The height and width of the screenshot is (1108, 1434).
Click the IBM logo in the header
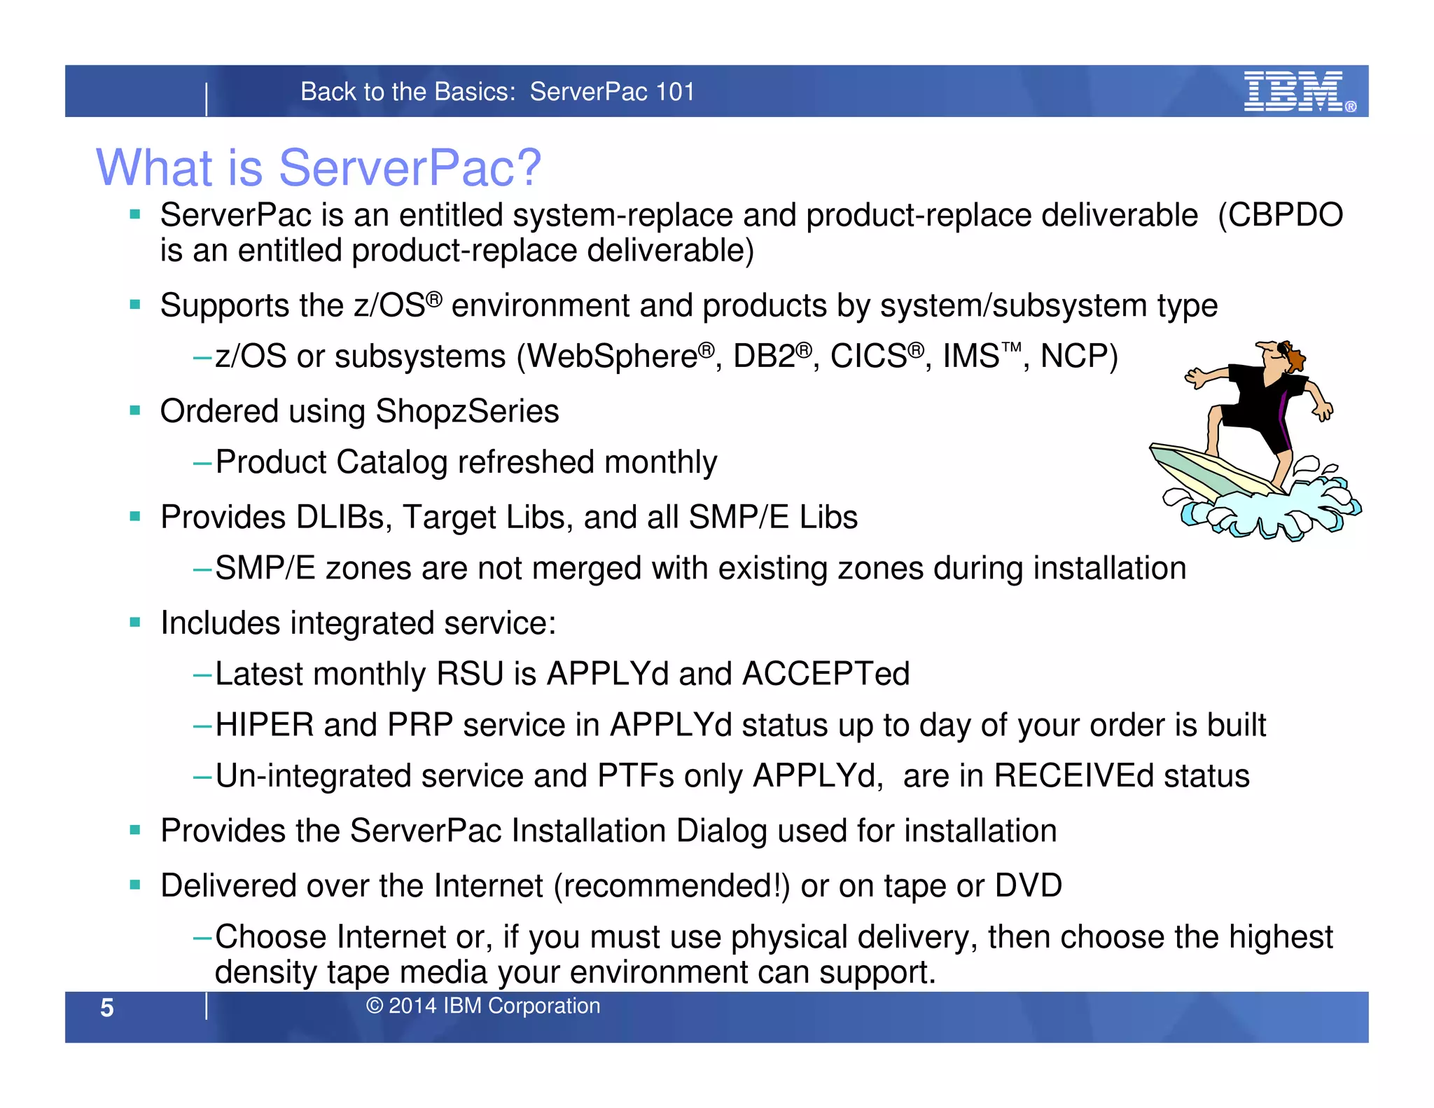[1294, 91]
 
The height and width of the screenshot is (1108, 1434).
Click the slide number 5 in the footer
[106, 1007]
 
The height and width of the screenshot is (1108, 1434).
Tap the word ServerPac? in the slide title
[410, 168]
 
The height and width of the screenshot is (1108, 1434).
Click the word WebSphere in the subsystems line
[614, 356]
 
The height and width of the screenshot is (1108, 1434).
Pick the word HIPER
[264, 725]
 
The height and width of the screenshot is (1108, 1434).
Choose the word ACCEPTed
[826, 674]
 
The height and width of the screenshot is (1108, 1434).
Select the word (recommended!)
[671, 886]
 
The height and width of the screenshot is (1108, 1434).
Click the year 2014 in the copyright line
[412, 1006]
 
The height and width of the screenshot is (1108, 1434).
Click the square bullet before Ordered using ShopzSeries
[135, 411]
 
